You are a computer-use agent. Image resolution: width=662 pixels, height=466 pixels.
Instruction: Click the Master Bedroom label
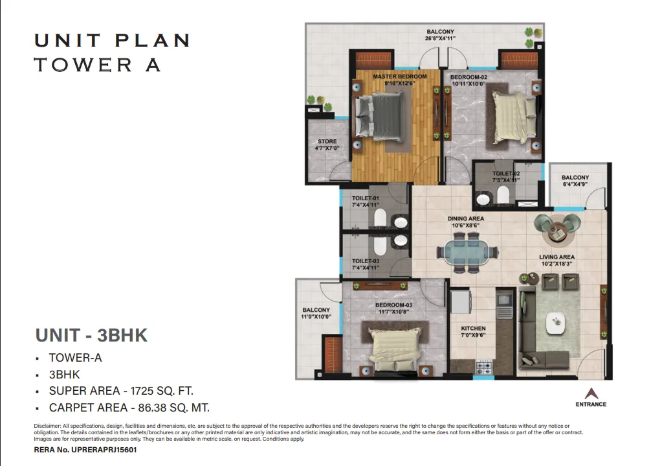coord(400,76)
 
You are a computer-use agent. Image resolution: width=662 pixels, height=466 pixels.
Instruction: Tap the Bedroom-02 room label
coord(469,77)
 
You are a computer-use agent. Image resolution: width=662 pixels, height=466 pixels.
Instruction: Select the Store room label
coord(327,141)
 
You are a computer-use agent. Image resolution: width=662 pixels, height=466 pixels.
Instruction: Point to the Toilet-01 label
coord(366,198)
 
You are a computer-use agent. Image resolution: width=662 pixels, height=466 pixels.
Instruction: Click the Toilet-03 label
coord(366,261)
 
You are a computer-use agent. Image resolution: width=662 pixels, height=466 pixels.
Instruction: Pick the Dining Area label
coord(466,218)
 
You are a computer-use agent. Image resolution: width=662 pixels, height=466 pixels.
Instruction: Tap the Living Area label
coord(557,257)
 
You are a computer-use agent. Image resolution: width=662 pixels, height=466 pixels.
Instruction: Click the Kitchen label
coord(473,328)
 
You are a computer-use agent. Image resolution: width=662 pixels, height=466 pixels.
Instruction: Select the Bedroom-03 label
coord(393,305)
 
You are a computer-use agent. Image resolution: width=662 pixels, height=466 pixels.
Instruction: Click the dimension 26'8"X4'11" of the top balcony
coord(440,38)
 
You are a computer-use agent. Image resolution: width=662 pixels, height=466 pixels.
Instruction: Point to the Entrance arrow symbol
coord(591,393)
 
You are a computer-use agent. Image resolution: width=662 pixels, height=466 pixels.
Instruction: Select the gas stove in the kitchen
coord(484,366)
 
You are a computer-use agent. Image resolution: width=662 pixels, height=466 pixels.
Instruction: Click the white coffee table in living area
coord(557,323)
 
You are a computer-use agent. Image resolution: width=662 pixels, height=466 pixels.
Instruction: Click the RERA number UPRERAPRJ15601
coord(104,450)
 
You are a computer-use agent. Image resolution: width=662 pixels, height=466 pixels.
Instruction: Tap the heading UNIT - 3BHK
coord(92,335)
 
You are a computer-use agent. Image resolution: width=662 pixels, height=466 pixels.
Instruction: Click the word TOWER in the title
coord(83,65)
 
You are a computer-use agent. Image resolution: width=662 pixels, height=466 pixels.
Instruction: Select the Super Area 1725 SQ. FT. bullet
coord(121,391)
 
